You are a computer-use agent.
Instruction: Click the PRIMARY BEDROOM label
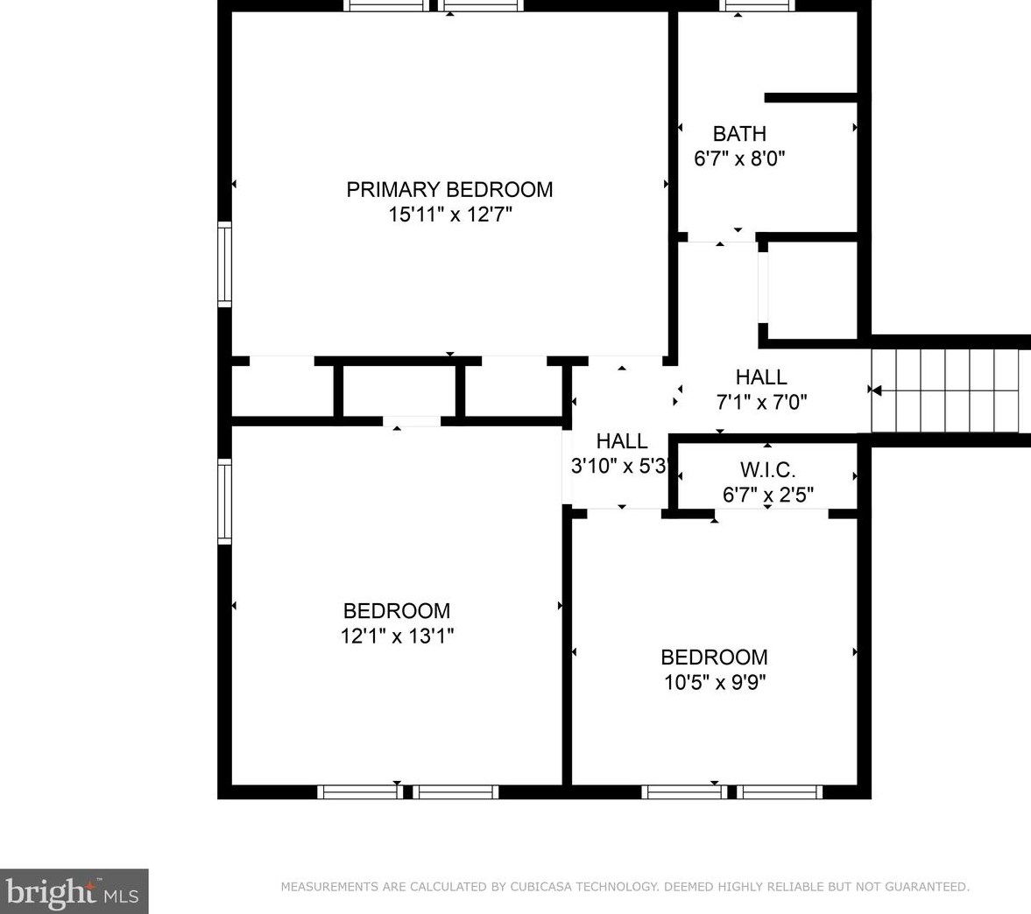coord(449,189)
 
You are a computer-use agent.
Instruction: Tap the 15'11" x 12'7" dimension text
coord(449,214)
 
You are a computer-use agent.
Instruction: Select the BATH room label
coord(739,134)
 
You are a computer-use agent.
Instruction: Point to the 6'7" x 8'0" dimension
coord(739,159)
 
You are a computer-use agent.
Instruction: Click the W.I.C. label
coord(767,470)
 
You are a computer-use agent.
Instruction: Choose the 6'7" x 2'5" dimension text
coord(767,496)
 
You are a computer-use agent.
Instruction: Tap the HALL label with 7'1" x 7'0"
coord(760,377)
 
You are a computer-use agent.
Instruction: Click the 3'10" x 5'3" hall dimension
coord(621,467)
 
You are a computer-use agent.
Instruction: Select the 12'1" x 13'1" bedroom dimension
coord(397,636)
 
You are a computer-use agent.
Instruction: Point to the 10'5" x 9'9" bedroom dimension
coord(714,683)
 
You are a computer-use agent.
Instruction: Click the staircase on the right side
coord(946,390)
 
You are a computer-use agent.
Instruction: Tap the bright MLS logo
coord(74,891)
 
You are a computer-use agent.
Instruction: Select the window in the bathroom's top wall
coord(758,5)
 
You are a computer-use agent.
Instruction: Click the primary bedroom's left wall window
coord(224,264)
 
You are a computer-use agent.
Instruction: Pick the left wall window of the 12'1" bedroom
coord(224,502)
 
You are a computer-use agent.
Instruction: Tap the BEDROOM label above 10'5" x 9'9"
coord(714,657)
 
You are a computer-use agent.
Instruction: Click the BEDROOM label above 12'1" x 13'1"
coord(397,611)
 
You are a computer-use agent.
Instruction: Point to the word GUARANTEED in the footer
coord(926,887)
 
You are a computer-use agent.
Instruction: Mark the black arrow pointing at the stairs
coord(874,390)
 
